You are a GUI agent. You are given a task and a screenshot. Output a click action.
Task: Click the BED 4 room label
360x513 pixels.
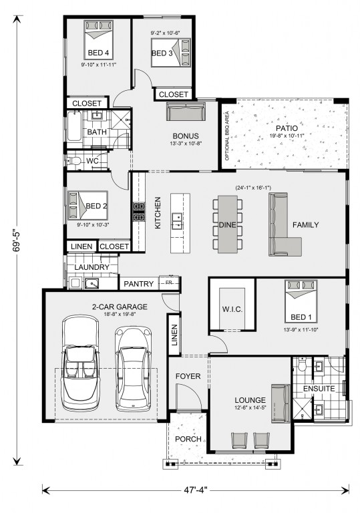click(98, 53)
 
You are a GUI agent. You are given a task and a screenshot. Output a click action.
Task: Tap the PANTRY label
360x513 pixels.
click(139, 284)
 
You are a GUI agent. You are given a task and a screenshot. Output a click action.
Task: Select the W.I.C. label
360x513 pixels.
click(232, 309)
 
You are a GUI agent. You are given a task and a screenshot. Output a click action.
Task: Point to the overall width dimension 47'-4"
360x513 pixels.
click(196, 490)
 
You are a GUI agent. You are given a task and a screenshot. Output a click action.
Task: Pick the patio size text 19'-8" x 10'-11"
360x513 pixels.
click(287, 136)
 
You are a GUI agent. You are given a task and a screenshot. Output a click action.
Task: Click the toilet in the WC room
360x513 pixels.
click(74, 161)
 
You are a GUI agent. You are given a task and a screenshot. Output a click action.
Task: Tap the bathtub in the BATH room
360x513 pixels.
click(74, 126)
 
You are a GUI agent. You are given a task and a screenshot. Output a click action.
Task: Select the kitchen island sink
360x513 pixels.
click(177, 221)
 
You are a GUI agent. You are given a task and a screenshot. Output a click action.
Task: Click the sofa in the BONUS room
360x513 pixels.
click(186, 112)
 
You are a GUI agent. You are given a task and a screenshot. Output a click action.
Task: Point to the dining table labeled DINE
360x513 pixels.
click(228, 224)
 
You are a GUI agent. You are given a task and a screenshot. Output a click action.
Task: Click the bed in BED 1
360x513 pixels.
click(301, 301)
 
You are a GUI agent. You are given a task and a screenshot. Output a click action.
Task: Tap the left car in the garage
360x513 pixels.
click(80, 363)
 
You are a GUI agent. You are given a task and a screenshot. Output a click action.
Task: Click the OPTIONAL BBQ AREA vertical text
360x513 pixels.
click(227, 136)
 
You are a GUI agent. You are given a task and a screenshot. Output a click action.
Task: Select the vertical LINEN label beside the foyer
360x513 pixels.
click(174, 335)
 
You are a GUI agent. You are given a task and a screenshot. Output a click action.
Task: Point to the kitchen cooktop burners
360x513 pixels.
click(139, 211)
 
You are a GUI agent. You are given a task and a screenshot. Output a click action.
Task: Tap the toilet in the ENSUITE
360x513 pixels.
click(302, 365)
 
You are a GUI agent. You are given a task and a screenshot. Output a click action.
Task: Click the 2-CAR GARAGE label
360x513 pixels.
click(120, 307)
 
